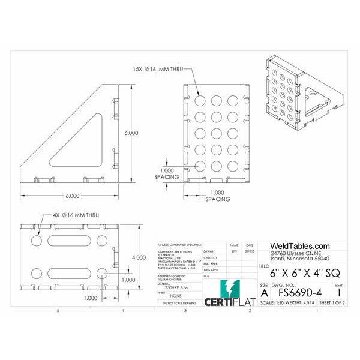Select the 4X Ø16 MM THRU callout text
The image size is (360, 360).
point(75,214)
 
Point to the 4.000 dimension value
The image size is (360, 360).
point(139,257)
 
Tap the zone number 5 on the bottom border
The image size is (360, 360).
point(58,311)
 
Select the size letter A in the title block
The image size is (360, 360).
point(265,293)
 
